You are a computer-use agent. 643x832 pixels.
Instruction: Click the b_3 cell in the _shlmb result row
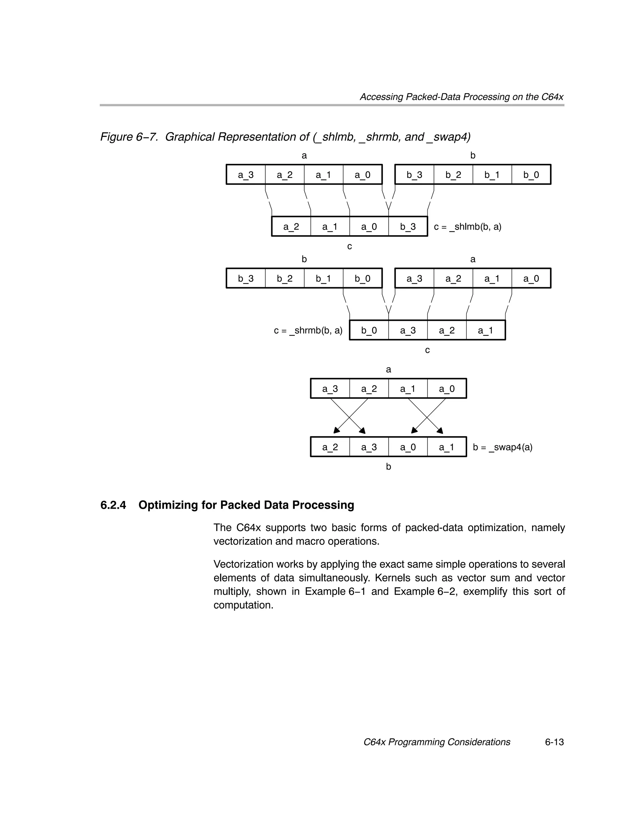click(408, 227)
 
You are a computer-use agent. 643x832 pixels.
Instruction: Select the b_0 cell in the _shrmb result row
click(369, 330)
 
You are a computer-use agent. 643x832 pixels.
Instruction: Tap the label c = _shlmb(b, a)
click(468, 227)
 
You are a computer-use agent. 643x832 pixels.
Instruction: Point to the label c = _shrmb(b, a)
click(308, 330)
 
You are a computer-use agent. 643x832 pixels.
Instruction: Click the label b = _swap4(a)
click(502, 447)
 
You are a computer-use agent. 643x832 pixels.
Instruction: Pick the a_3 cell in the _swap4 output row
click(369, 447)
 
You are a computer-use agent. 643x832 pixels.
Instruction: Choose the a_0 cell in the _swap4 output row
click(408, 447)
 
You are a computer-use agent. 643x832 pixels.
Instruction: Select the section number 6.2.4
click(113, 505)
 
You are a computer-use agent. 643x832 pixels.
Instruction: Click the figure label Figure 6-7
click(129, 137)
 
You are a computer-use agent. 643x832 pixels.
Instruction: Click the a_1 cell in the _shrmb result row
click(486, 330)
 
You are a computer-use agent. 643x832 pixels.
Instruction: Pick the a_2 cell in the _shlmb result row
click(291, 227)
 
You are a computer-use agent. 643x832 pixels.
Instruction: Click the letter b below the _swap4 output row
click(388, 467)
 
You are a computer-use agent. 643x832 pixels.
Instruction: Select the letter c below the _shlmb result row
click(349, 246)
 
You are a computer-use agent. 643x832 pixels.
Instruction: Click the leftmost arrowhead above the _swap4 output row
click(336, 431)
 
